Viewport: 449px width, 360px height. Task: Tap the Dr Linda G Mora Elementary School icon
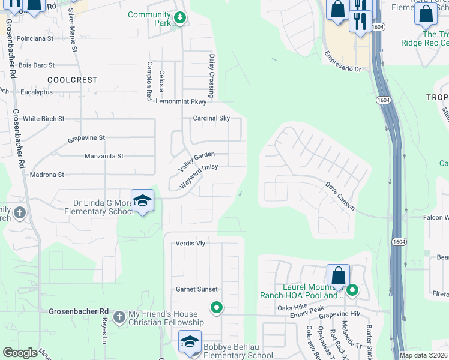[x=142, y=200]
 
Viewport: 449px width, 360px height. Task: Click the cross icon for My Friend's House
[x=119, y=316]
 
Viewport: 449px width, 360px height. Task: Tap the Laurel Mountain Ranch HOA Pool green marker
[x=352, y=291]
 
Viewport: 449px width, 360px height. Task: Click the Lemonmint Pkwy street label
[x=181, y=101]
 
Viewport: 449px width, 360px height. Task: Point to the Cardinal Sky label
[x=211, y=118]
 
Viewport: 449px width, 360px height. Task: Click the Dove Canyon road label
[x=340, y=196]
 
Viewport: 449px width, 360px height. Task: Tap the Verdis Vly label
[x=190, y=243]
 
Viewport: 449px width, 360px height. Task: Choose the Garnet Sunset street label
[x=196, y=289]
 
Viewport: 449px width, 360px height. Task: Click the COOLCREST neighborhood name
[x=72, y=79]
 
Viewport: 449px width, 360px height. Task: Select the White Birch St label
[x=43, y=119]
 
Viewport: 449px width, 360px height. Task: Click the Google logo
[x=20, y=352]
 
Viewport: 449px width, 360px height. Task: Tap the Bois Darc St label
[x=37, y=65]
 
